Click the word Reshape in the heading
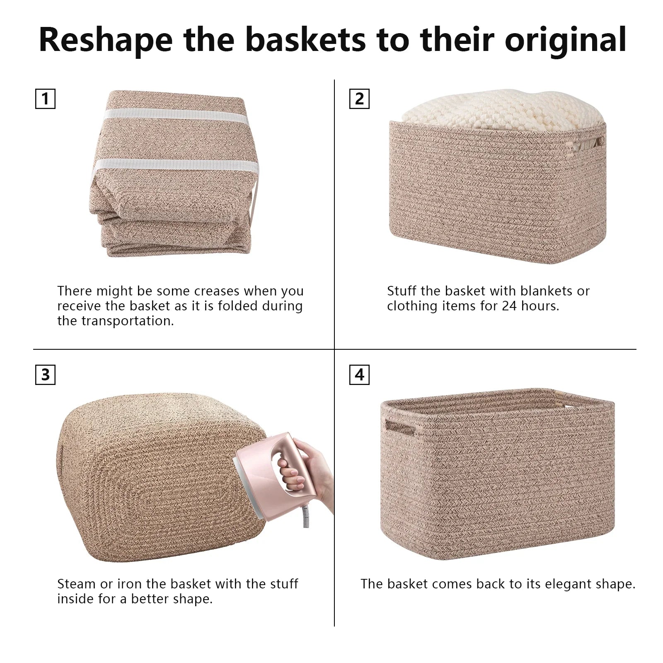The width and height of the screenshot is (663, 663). point(106,40)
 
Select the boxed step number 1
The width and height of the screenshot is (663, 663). point(45,99)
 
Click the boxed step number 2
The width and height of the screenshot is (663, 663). point(359,99)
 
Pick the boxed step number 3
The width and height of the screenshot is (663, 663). point(45,375)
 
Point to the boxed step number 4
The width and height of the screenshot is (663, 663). point(359,375)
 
